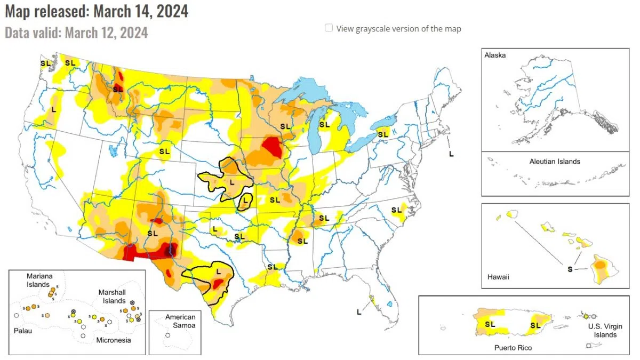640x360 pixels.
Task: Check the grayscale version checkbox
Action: point(329,28)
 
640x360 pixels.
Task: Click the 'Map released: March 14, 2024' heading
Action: point(97,11)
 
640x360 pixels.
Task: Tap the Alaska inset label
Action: point(495,55)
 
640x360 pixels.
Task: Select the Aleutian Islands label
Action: point(555,161)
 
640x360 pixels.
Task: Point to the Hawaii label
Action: point(498,277)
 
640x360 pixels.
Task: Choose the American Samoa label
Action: point(180,321)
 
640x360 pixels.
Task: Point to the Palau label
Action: point(23,331)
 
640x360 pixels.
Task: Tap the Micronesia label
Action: point(113,340)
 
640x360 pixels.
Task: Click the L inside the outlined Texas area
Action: point(218,271)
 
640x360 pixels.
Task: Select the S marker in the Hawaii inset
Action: point(570,269)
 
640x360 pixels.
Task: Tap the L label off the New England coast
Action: point(451,154)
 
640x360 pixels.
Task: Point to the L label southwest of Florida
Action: point(358,311)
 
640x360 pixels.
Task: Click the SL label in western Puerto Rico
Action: point(490,324)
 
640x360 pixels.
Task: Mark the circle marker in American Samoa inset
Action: point(167,335)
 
